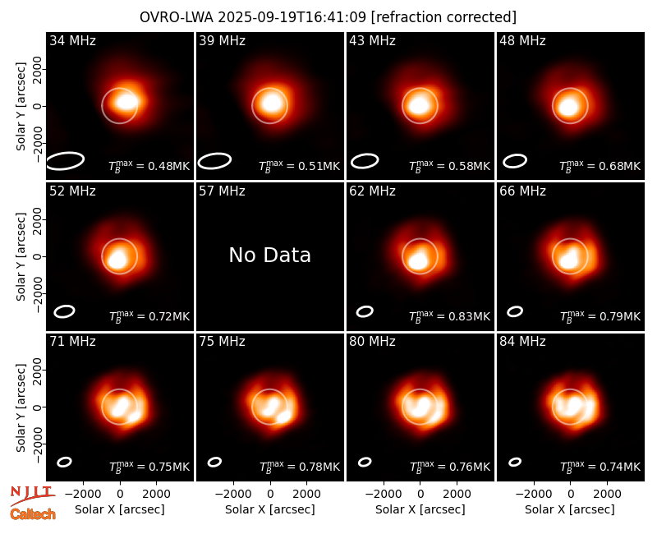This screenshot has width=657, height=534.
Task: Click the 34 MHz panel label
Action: click(72, 40)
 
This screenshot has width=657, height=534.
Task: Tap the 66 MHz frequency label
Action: click(522, 191)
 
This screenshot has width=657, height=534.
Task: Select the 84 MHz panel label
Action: click(522, 342)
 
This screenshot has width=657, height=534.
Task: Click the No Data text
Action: click(270, 255)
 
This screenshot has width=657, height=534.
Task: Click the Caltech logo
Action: click(33, 514)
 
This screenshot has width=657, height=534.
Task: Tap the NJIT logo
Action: click(32, 494)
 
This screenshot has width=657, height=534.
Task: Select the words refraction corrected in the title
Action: click(443, 17)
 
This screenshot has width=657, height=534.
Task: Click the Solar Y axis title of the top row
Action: click(21, 107)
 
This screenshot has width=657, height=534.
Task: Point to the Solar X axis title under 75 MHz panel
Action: click(270, 509)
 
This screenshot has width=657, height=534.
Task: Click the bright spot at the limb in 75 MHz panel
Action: click(283, 417)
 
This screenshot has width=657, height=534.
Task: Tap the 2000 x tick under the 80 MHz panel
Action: click(457, 495)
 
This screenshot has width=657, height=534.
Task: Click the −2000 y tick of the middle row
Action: click(37, 293)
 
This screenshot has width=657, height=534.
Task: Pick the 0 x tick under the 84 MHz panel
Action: click(570, 495)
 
